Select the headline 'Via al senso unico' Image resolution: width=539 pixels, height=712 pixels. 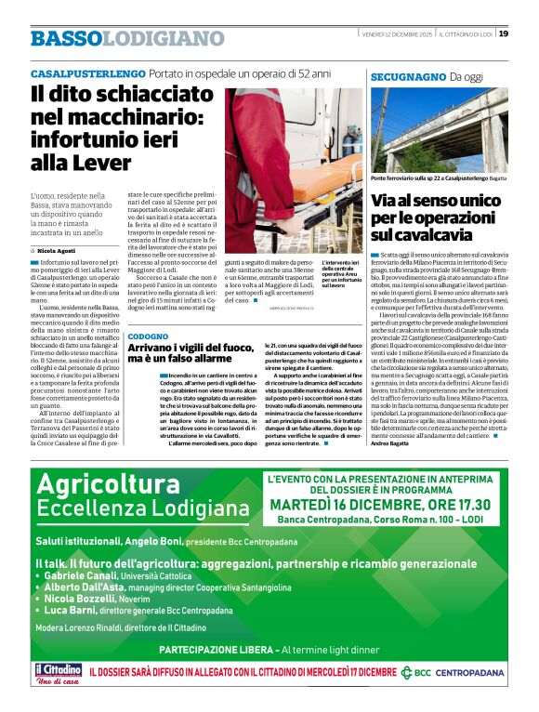[435, 217]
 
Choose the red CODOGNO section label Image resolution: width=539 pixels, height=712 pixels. [149, 335]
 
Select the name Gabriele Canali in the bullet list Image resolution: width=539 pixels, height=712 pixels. [83, 576]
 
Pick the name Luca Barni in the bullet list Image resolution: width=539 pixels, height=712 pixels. [73, 610]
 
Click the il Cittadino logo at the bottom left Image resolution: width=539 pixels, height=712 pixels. [58, 673]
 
